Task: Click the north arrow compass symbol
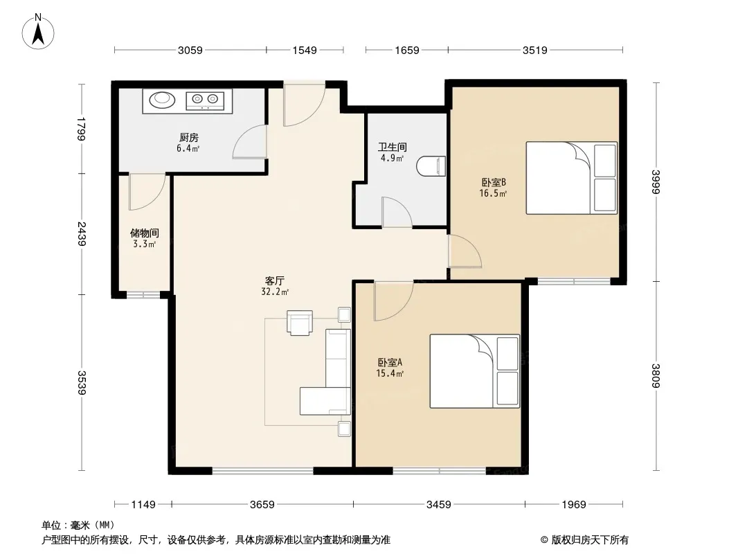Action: (38, 32)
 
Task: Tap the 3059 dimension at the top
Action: (190, 50)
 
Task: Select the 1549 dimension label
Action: (305, 50)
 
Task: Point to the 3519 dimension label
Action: (534, 50)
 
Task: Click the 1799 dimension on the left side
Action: (82, 129)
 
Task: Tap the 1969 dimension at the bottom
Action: (574, 505)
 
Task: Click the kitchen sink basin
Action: (163, 99)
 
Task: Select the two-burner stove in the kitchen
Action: (205, 100)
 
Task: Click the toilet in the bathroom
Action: (431, 166)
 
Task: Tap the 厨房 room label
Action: (189, 137)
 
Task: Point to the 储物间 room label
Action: (145, 233)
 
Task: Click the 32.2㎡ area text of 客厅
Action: (275, 292)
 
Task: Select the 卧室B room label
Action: (493, 182)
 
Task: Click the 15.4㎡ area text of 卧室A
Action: (390, 374)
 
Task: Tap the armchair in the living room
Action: (300, 323)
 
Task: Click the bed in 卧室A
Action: (475, 371)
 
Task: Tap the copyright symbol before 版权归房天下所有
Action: (544, 540)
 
